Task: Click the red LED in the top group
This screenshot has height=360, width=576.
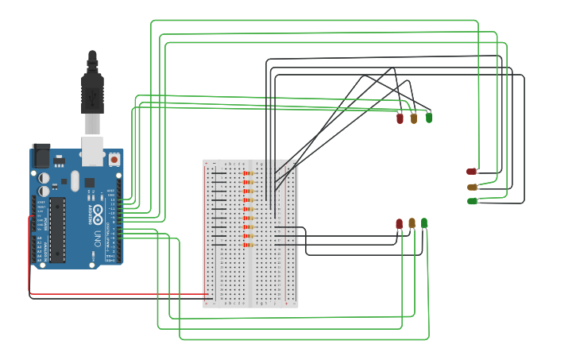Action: pyautogui.click(x=400, y=118)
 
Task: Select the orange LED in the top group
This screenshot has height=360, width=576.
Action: pyautogui.click(x=413, y=118)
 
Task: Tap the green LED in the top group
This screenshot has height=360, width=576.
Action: pyautogui.click(x=429, y=118)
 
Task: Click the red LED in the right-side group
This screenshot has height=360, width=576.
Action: pyautogui.click(x=471, y=171)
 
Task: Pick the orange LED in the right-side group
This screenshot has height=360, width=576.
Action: pyautogui.click(x=472, y=187)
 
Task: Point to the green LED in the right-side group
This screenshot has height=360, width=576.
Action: pyautogui.click(x=472, y=201)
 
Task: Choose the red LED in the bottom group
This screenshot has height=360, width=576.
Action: pyautogui.click(x=399, y=224)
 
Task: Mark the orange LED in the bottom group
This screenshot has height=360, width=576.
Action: pyautogui.click(x=412, y=223)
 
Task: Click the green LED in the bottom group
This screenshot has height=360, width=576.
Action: pyautogui.click(x=424, y=223)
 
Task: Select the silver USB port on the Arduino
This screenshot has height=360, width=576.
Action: pyautogui.click(x=93, y=150)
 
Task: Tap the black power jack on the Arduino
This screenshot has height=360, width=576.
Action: pyautogui.click(x=41, y=156)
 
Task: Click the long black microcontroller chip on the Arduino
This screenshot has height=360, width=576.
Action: pyautogui.click(x=57, y=230)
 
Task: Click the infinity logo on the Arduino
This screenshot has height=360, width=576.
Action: pyautogui.click(x=98, y=214)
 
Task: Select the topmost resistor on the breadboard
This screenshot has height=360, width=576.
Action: pyautogui.click(x=247, y=173)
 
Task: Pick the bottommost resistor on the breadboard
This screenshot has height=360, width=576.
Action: pyautogui.click(x=247, y=244)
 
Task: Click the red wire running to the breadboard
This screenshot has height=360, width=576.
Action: pyautogui.click(x=119, y=294)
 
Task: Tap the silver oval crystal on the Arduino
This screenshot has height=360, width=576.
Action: pyautogui.click(x=75, y=181)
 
